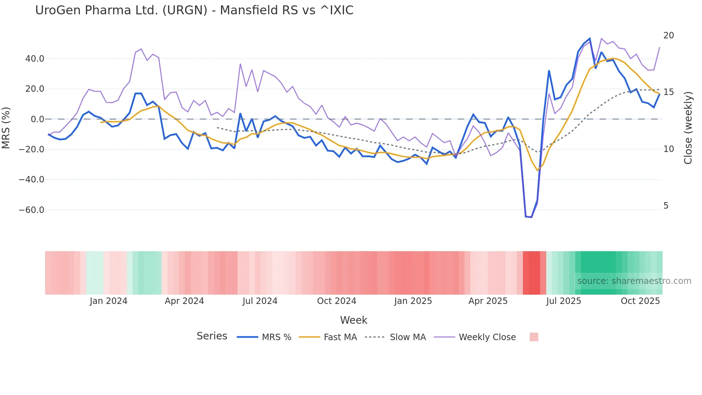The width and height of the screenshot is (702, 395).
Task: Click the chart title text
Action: pos(194,10)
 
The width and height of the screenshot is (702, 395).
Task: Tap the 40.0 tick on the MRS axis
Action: pos(35,58)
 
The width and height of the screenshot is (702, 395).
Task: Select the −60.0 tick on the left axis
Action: pos(32,210)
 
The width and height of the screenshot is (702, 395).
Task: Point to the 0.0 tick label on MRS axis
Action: pos(37,119)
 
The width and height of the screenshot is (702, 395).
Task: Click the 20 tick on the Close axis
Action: pos(668,35)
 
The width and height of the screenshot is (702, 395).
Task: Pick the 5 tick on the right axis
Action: pos(666,206)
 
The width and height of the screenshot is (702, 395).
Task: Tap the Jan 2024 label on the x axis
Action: pos(109,301)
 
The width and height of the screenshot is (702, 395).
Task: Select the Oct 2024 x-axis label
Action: pos(337,301)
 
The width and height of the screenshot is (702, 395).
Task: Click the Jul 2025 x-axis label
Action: pos(563,301)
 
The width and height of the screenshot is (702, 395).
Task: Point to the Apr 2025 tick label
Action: pos(488,301)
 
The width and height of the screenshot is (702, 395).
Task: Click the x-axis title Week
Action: pos(354,320)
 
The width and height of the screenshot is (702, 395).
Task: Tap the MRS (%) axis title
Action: pos(6,128)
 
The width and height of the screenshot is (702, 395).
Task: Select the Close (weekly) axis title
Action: pos(688,128)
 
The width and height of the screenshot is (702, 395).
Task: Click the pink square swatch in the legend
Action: pos(534,337)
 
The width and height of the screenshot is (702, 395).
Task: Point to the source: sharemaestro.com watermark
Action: pos(634,281)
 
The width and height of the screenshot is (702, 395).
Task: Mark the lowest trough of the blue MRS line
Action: pos(532,217)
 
